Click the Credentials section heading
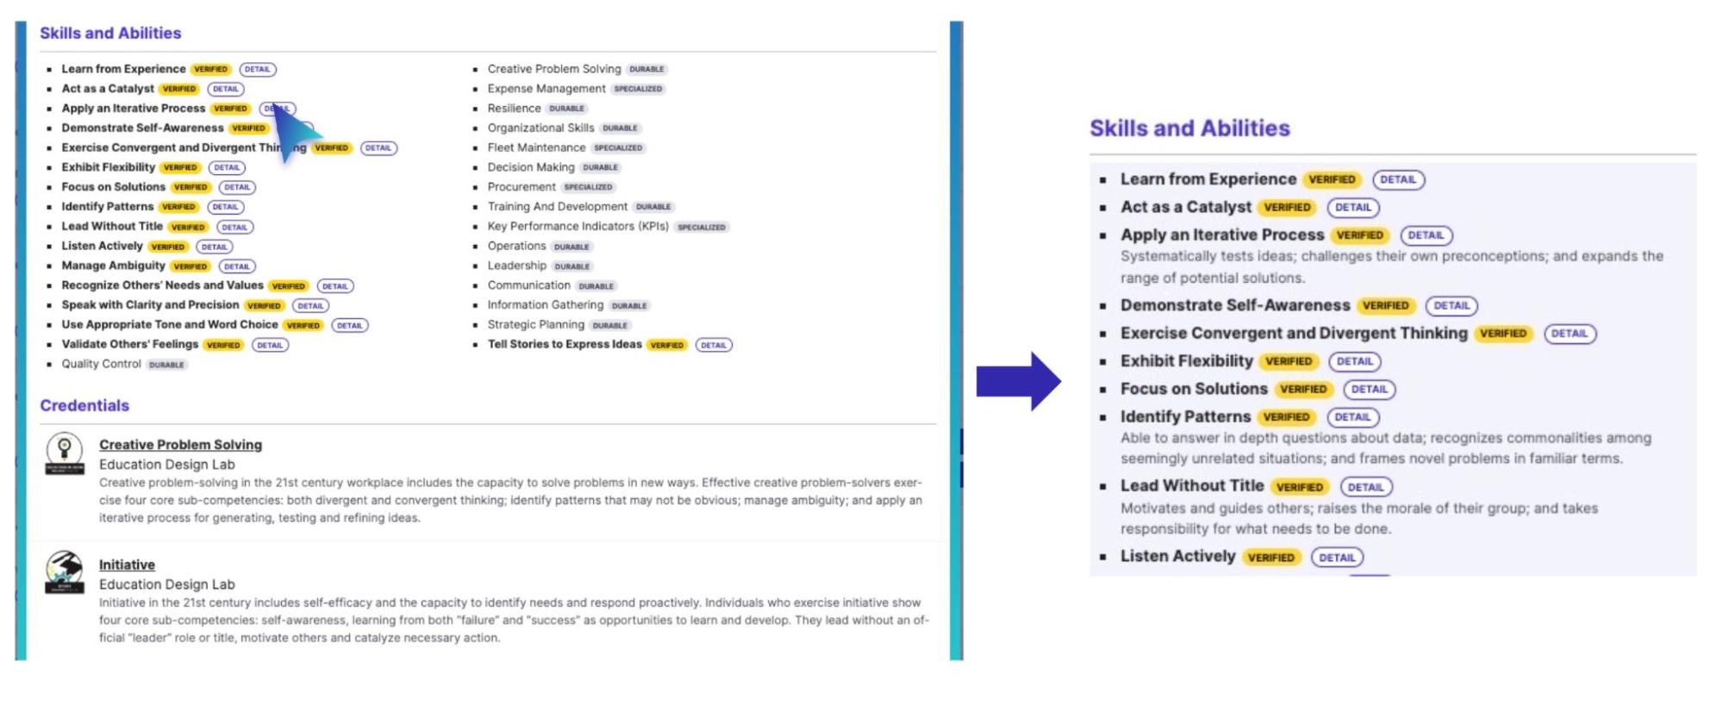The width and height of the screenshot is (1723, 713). pyautogui.click(x=84, y=405)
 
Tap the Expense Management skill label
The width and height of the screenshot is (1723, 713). pyautogui.click(x=546, y=89)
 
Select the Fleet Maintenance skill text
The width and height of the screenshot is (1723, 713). pyautogui.click(x=536, y=147)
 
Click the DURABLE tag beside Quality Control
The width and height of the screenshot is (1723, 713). pyautogui.click(x=166, y=365)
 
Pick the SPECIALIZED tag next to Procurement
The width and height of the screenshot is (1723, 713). pyautogui.click(x=588, y=187)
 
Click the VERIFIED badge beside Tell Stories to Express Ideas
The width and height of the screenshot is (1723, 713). pyautogui.click(x=667, y=345)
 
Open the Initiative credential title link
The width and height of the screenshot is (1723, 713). pyautogui.click(x=127, y=565)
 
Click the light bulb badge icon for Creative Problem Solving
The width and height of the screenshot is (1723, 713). pyautogui.click(x=65, y=453)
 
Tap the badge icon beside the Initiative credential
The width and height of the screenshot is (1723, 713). pyautogui.click(x=65, y=572)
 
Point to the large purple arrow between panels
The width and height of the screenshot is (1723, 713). pyautogui.click(x=1018, y=381)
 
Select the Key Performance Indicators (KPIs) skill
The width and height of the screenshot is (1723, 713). pyautogui.click(x=577, y=227)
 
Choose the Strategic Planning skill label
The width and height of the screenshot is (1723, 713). pyautogui.click(x=535, y=325)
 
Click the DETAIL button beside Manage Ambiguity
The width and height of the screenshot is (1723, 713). pyautogui.click(x=237, y=266)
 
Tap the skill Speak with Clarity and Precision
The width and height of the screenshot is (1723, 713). pyautogui.click(x=150, y=305)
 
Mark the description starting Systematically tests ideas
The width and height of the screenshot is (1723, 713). pyautogui.click(x=1391, y=267)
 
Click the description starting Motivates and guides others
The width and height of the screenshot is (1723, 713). pyautogui.click(x=1358, y=519)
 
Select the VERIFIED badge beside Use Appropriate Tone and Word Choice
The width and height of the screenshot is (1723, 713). pyautogui.click(x=303, y=326)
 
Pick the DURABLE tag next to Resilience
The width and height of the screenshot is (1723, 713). pyautogui.click(x=566, y=109)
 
